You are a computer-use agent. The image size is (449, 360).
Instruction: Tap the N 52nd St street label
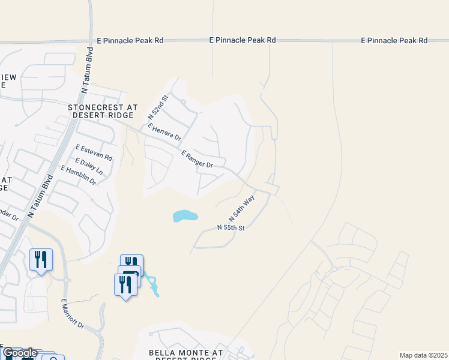tap(159, 106)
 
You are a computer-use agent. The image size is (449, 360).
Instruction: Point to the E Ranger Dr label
tap(197, 160)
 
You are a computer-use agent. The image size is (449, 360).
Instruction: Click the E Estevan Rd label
tap(94, 152)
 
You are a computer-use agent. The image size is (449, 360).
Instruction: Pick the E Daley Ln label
tap(89, 166)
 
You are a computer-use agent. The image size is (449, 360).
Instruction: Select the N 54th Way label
tap(242, 207)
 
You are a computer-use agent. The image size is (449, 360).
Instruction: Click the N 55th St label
tap(231, 228)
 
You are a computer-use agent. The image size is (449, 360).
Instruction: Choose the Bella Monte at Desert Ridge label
tap(186, 355)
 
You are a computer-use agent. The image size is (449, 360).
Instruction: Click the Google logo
tap(19, 353)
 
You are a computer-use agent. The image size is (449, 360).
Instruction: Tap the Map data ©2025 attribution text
tap(423, 355)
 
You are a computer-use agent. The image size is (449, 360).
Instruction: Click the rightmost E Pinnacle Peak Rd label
tap(394, 40)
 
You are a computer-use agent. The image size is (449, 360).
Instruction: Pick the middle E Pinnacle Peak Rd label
tap(243, 40)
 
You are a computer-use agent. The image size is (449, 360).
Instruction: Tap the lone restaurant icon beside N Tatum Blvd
tap(41, 260)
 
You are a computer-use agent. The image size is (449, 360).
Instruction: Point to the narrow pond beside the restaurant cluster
tap(153, 286)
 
